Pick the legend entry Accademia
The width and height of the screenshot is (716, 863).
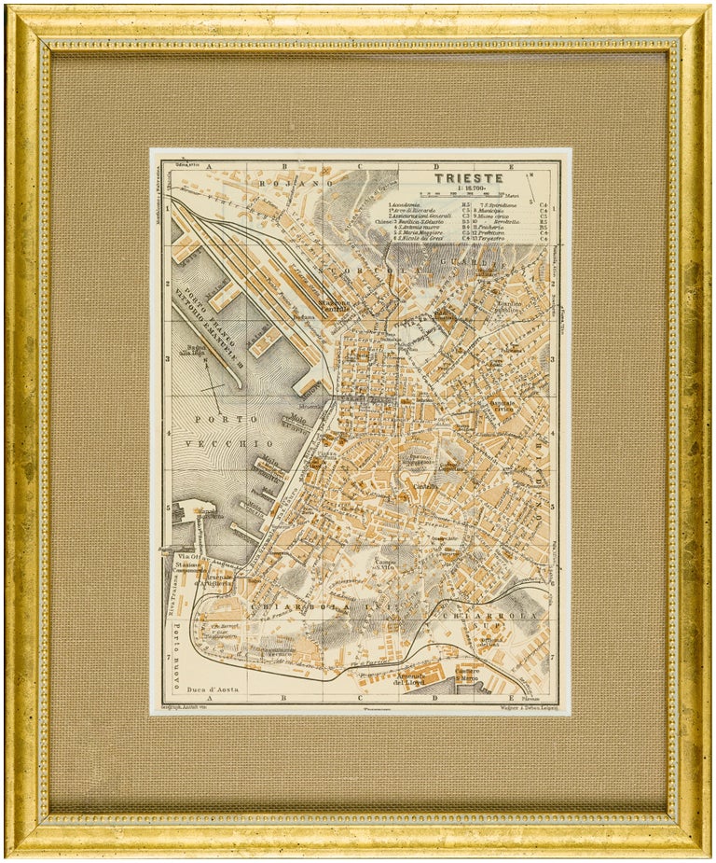coord(411,203)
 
